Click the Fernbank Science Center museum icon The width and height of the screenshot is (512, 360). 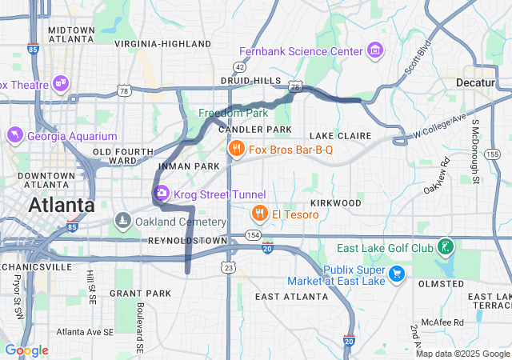(x=375, y=52)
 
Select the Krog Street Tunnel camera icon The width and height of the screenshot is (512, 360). (x=161, y=194)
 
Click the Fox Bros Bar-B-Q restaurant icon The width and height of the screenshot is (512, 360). (x=236, y=149)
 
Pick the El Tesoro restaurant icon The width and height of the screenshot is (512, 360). (x=259, y=214)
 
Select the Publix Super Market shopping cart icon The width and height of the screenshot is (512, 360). (x=395, y=274)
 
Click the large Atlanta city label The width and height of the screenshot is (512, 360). (x=61, y=205)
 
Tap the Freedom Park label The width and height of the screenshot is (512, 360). (x=234, y=113)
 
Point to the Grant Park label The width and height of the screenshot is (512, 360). (x=140, y=294)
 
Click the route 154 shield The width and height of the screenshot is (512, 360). (x=253, y=234)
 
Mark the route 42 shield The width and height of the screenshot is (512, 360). (x=240, y=66)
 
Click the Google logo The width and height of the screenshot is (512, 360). (x=26, y=350)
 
